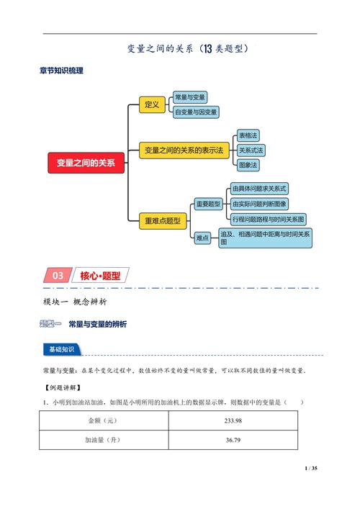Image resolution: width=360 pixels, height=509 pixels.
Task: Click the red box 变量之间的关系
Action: (x=86, y=163)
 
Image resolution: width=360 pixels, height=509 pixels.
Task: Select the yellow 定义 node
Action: (x=151, y=105)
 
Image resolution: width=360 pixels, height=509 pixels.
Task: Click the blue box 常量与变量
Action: (x=190, y=96)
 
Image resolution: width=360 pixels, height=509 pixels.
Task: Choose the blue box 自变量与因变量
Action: (x=195, y=112)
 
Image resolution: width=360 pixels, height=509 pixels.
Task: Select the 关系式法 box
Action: (x=251, y=150)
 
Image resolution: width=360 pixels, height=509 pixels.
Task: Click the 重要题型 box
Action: (x=207, y=204)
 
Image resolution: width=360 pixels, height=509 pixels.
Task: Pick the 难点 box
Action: (x=202, y=237)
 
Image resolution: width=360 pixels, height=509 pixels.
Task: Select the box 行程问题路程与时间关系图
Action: (x=269, y=218)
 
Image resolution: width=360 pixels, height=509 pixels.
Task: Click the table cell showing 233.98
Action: (x=233, y=420)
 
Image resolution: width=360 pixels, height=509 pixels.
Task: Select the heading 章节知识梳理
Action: (x=61, y=71)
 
